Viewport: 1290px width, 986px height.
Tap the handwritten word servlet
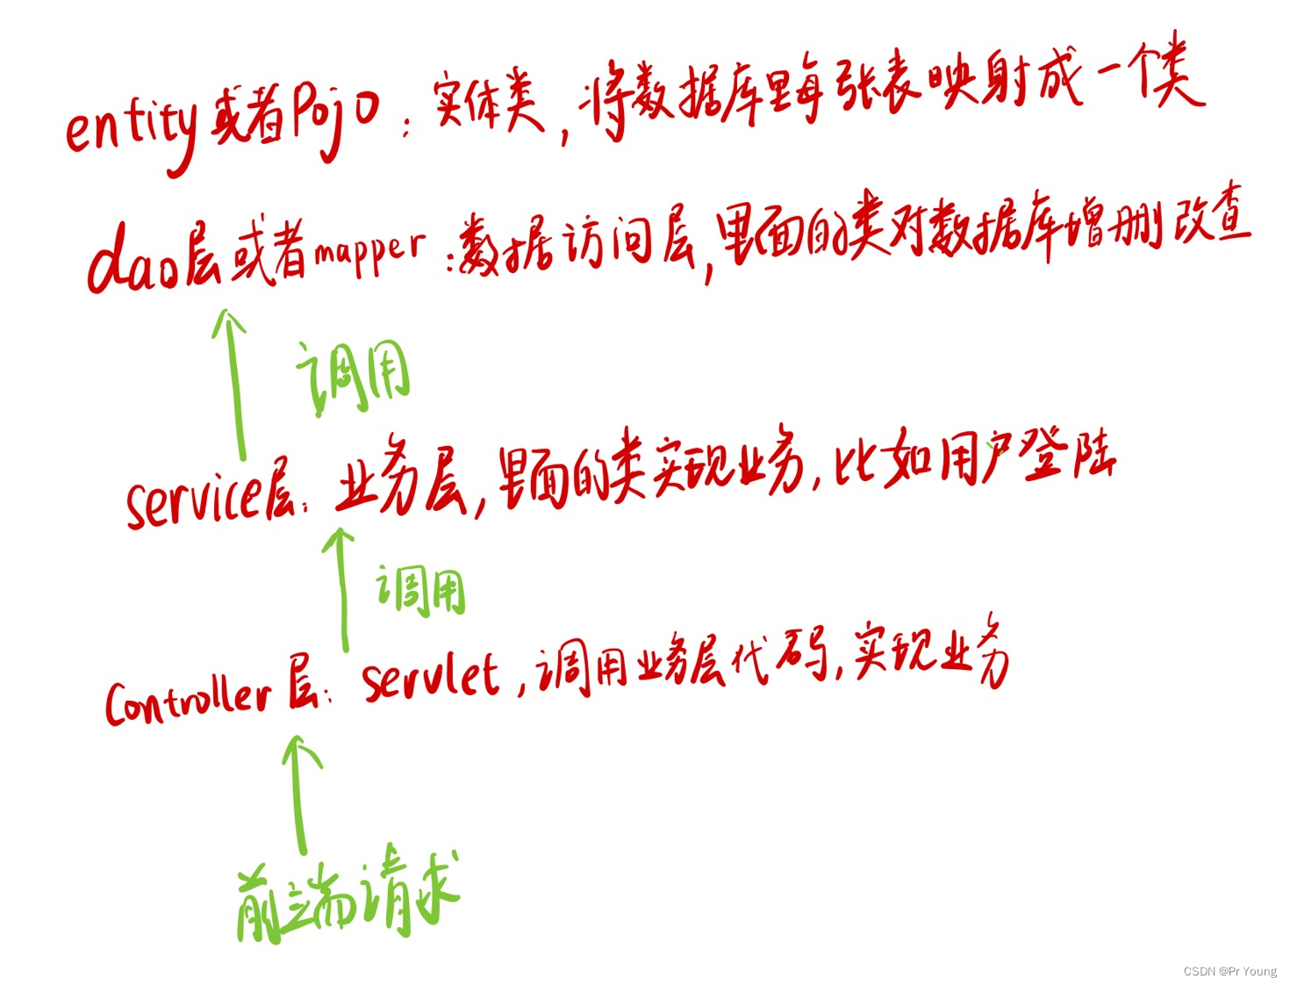tap(430, 677)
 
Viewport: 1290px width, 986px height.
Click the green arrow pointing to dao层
tap(233, 382)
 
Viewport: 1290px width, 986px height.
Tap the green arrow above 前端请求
tap(299, 794)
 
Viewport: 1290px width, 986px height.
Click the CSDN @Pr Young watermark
tap(1229, 971)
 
